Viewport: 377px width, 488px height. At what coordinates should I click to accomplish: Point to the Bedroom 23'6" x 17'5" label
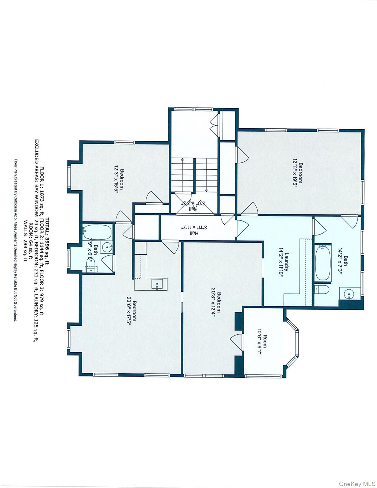pos(131,311)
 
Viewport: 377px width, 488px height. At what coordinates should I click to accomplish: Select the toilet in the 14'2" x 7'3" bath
pos(321,289)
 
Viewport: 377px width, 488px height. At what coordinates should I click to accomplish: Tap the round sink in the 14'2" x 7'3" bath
pos(349,294)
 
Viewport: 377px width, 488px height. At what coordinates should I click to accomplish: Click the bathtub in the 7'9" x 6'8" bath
pos(97,232)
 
